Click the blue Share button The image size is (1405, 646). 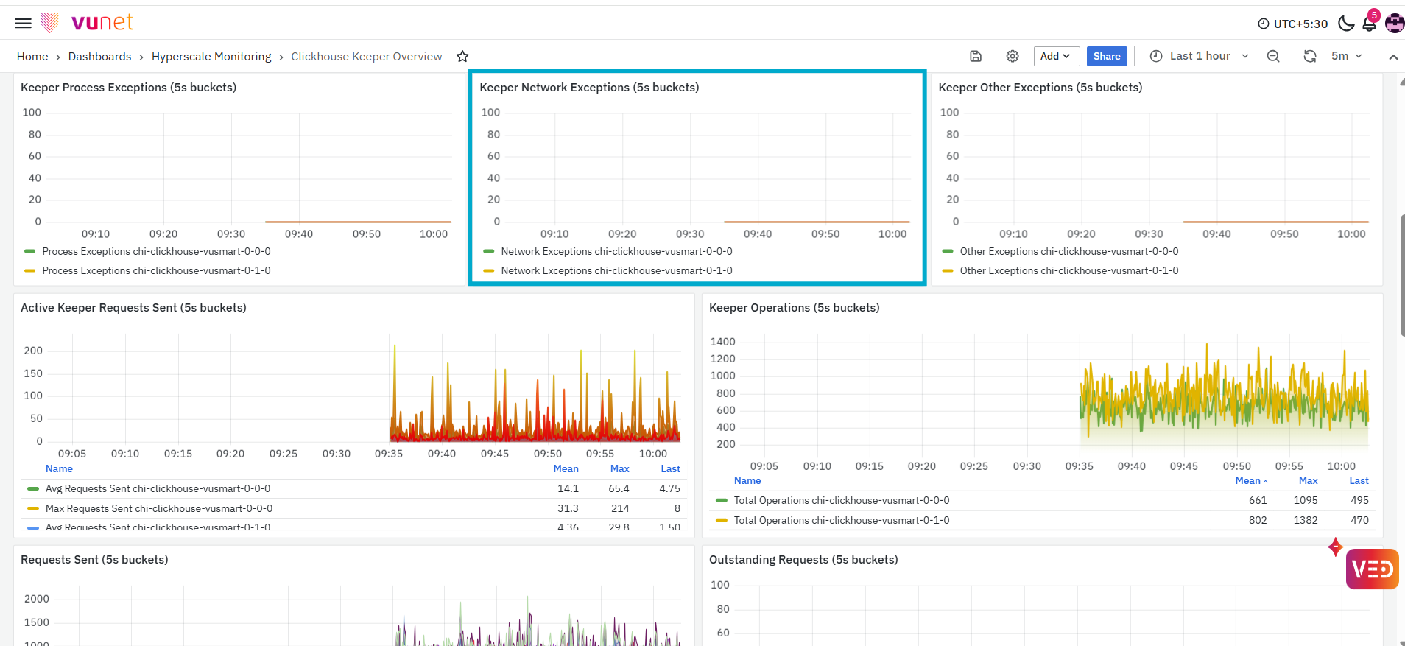tap(1107, 56)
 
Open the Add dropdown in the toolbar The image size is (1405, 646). tap(1056, 56)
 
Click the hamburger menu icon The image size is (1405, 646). tap(23, 23)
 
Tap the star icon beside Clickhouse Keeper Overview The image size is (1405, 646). tap(462, 57)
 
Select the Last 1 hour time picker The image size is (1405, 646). tap(1200, 56)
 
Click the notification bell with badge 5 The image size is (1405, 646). tap(1370, 22)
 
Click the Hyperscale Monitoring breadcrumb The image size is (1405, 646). tap(211, 57)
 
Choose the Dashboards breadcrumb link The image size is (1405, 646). tap(99, 57)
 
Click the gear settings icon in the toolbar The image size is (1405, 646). tap(1013, 56)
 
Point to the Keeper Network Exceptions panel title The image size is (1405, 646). tap(589, 88)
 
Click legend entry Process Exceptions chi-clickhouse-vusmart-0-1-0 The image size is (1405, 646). tap(156, 270)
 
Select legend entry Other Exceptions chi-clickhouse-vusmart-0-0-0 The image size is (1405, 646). tap(1069, 251)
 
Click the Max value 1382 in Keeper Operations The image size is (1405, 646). tap(1306, 520)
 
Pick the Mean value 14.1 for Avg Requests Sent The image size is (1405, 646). tap(568, 488)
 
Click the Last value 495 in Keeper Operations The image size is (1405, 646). tap(1359, 500)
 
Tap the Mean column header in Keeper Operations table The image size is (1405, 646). tap(1248, 480)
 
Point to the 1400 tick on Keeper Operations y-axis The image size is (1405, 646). tap(722, 342)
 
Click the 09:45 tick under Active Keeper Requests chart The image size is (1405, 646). tap(495, 454)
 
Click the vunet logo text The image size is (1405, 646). tap(102, 22)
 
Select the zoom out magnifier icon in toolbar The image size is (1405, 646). tap(1273, 57)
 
